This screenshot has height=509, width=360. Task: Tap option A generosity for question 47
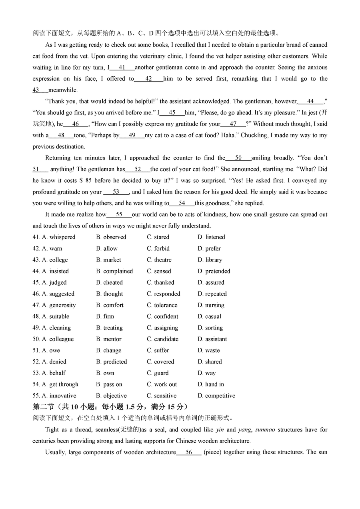tap(58, 305)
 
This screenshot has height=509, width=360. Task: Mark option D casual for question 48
tap(209, 317)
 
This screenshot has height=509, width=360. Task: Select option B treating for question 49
tap(109, 328)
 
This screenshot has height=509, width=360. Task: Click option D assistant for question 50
tap(212, 339)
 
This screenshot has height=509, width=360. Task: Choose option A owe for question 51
tap(51, 351)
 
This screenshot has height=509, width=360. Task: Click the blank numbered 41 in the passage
tap(122, 68)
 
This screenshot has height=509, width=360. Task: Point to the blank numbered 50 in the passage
tap(238, 158)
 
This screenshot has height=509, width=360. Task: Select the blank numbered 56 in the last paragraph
tap(189, 452)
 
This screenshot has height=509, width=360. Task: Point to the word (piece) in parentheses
tap(214, 452)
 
